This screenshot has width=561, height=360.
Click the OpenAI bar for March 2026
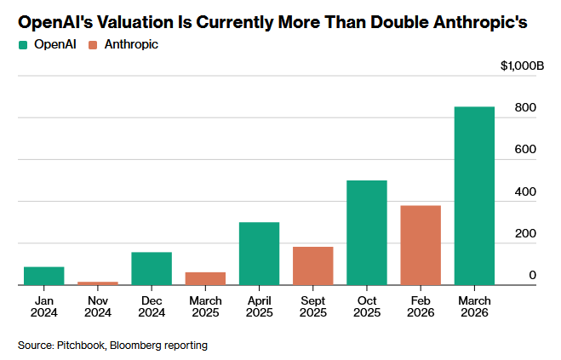point(474,196)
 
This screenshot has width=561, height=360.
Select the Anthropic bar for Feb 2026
point(421,245)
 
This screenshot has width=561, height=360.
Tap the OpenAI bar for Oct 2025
point(367,232)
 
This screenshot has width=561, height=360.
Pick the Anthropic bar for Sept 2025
point(312,266)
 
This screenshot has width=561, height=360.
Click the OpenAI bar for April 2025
point(259,254)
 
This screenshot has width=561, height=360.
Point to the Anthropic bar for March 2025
point(205,278)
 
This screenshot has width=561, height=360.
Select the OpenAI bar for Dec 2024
point(152,268)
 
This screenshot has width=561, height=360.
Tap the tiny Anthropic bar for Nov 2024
point(98,283)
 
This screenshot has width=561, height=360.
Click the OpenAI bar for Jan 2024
point(44,276)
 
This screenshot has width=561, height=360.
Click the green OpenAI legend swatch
point(23,43)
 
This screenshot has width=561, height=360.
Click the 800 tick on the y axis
point(524,108)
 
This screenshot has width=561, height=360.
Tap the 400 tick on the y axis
point(524,192)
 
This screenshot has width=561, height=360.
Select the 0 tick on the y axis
point(532,276)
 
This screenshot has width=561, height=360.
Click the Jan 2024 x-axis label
point(44,306)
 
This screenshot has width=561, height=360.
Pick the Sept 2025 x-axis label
point(312,306)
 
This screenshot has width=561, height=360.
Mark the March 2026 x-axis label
point(474,306)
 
